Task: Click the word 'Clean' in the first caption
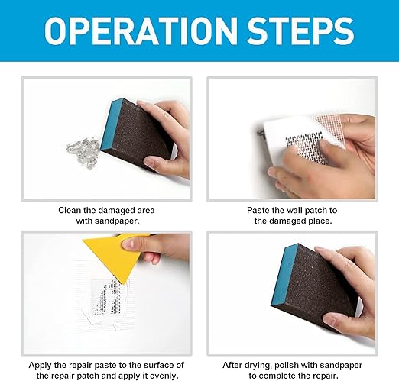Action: coord(71,209)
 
